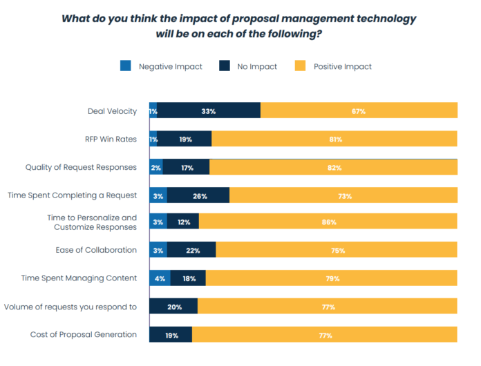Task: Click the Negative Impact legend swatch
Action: pyautogui.click(x=125, y=66)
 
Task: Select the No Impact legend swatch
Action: pyautogui.click(x=225, y=66)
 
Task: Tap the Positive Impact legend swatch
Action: pyautogui.click(x=300, y=66)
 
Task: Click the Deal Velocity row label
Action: pyautogui.click(x=112, y=111)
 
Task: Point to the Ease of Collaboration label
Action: pyautogui.click(x=96, y=250)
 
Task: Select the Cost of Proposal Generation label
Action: pyautogui.click(x=84, y=335)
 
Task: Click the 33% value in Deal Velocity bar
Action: pyautogui.click(x=209, y=111)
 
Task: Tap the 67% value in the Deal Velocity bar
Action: pyautogui.click(x=357, y=111)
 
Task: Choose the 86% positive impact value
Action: pyautogui.click(x=329, y=222)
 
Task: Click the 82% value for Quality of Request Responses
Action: pyautogui.click(x=333, y=167)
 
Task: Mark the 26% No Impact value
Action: pyautogui.click(x=200, y=196)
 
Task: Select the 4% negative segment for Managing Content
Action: pyautogui.click(x=158, y=279)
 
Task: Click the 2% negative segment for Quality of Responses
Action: pyautogui.click(x=156, y=167)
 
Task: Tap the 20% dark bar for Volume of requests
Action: pyautogui.click(x=173, y=307)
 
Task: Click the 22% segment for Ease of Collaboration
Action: pyautogui.click(x=192, y=250)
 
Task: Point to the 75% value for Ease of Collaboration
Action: pyautogui.click(x=337, y=250)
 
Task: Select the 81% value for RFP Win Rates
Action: pyautogui.click(x=335, y=139)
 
